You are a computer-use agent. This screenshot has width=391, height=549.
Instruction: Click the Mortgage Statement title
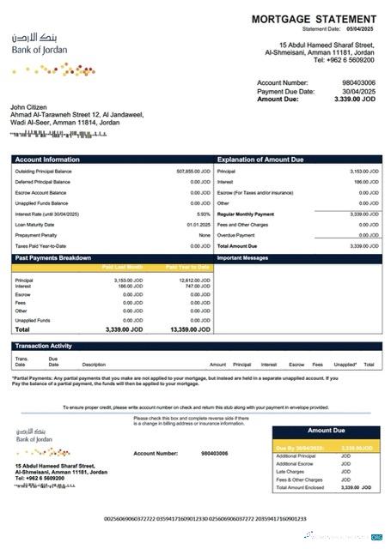click(313, 19)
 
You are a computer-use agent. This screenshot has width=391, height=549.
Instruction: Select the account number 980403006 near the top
click(358, 82)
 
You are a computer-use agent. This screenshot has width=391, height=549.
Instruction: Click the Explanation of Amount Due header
click(261, 160)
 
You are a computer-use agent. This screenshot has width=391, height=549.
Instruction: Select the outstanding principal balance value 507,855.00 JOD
click(192, 172)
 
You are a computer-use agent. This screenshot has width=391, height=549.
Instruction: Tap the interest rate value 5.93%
click(204, 214)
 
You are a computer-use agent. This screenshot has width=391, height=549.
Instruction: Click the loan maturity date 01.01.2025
click(199, 224)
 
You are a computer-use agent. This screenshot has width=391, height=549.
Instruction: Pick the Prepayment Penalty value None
click(205, 234)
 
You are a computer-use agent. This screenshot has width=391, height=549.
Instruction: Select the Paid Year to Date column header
click(188, 267)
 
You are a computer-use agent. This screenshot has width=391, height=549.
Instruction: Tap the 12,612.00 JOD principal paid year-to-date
click(193, 280)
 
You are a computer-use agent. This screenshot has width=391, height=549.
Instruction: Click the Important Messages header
click(243, 256)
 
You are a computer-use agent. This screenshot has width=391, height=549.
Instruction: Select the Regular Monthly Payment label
click(246, 214)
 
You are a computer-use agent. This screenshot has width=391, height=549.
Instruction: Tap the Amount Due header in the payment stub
click(326, 431)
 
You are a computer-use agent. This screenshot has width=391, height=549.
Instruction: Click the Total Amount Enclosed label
click(300, 487)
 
